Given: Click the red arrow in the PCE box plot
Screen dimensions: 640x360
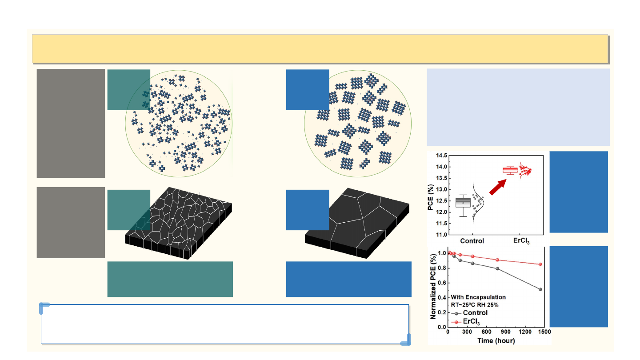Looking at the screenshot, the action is (x=498, y=188).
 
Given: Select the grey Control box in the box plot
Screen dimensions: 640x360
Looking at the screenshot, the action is (x=463, y=202).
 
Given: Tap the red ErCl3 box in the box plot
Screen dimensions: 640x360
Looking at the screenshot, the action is (x=510, y=170).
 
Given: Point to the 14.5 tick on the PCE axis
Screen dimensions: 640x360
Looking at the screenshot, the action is (x=441, y=156).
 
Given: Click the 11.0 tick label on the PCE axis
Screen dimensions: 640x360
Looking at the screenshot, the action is (x=441, y=235).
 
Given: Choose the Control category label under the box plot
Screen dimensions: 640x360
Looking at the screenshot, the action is (x=472, y=241).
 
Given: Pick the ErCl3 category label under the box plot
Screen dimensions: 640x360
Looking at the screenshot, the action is (x=521, y=241).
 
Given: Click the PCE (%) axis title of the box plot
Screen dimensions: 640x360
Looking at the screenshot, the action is (x=431, y=197).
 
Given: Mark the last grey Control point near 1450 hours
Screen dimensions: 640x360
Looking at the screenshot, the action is (x=540, y=289).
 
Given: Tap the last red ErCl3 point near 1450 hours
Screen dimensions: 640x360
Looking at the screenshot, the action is (x=540, y=264).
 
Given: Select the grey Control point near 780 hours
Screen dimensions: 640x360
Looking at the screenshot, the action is (x=497, y=268).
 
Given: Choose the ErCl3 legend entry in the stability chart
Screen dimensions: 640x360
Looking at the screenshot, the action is (x=465, y=322).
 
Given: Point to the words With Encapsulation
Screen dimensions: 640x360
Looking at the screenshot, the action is (x=478, y=297).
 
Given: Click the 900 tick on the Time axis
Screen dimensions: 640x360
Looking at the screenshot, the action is (x=506, y=332).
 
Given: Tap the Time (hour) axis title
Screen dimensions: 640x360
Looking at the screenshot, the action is (x=496, y=340).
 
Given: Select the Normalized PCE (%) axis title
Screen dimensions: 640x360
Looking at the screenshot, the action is (x=433, y=287).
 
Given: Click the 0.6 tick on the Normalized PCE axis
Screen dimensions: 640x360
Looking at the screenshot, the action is (x=442, y=283).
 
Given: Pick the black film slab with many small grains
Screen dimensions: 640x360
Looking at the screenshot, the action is (x=179, y=223).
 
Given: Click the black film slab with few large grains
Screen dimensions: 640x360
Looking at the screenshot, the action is (x=357, y=223).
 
